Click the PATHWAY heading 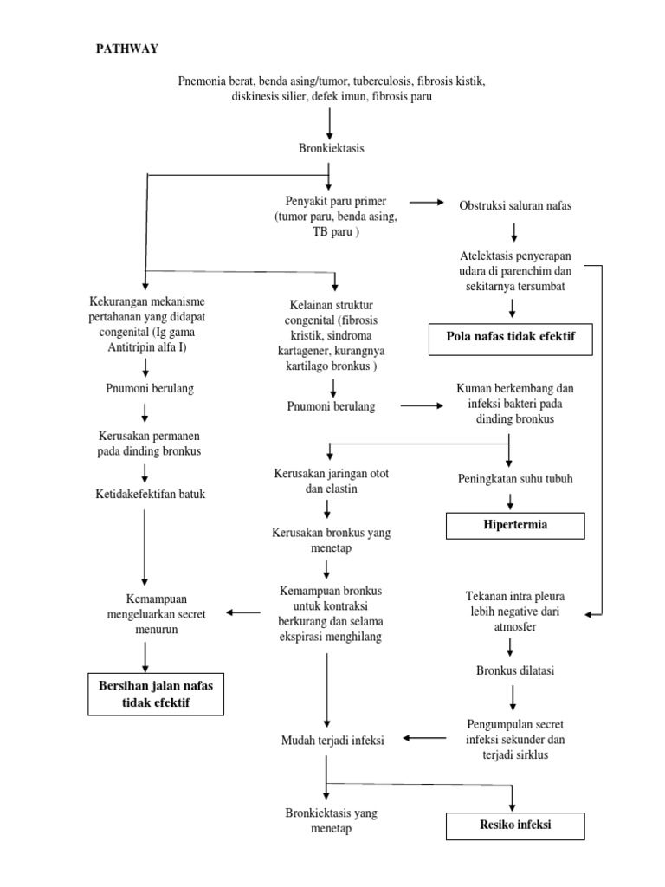[x=126, y=49]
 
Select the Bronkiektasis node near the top [x=330, y=148]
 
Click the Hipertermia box [x=515, y=525]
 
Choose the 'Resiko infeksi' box [x=515, y=825]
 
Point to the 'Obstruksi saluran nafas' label [x=515, y=205]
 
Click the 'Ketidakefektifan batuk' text [x=145, y=495]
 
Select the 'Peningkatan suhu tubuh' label [x=515, y=478]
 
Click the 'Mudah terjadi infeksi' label [x=332, y=739]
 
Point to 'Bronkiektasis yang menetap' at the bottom [x=330, y=820]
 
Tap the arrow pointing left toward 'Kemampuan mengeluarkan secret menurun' [x=243, y=613]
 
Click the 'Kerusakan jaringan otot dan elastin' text [x=326, y=482]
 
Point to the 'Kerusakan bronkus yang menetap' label [x=330, y=540]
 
